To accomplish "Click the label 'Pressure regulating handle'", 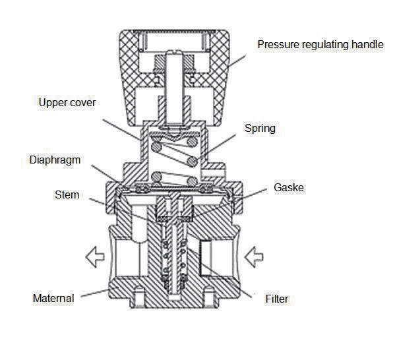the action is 320,45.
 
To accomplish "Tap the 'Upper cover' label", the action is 67,103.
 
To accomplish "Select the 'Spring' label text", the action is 260,129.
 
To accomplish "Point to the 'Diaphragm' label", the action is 55,160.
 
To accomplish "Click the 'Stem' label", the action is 67,195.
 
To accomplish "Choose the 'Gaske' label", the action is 289,187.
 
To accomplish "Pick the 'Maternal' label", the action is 53,298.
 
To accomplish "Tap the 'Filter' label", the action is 277,299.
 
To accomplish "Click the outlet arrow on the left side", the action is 95,257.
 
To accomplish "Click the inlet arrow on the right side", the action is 254,257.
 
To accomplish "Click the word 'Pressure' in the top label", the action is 278,45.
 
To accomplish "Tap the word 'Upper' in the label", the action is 52,103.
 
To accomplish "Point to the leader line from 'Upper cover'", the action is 122,129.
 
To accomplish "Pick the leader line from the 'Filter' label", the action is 220,272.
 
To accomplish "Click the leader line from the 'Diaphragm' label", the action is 105,173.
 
